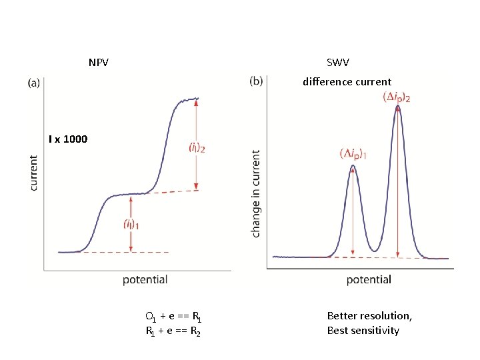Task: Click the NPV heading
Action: (99, 63)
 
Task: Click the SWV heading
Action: (337, 63)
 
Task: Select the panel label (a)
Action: (34, 83)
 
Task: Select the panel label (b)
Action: (256, 81)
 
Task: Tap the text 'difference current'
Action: (347, 82)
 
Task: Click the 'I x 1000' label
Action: (67, 139)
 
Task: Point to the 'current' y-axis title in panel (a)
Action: (34, 173)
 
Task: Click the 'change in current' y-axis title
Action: (256, 193)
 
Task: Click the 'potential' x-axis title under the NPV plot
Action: (145, 279)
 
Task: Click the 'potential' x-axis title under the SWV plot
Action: (369, 279)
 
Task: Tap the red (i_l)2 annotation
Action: (197, 147)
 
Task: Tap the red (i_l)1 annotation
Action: (131, 225)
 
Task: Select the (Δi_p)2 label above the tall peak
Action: (396, 97)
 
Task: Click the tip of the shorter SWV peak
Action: (353, 166)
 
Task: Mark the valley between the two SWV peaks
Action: (375, 251)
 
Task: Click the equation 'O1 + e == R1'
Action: (173, 316)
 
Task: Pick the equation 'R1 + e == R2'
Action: (173, 331)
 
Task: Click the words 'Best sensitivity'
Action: (363, 331)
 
